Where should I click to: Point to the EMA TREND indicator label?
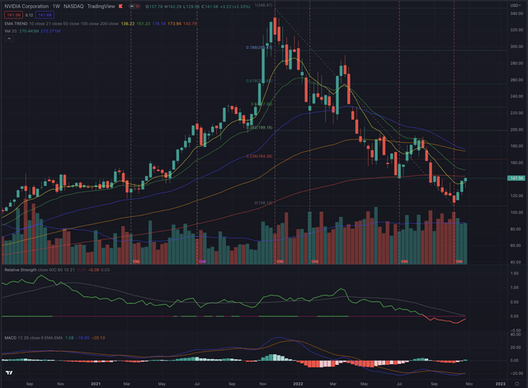[x=18, y=24]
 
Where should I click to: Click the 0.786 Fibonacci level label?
[x=257, y=48]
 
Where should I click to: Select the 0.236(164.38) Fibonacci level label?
[x=259, y=156]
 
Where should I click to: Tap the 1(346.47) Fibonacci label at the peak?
[x=263, y=5]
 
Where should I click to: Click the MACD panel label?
[x=10, y=337]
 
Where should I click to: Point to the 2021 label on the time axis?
[x=96, y=384]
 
